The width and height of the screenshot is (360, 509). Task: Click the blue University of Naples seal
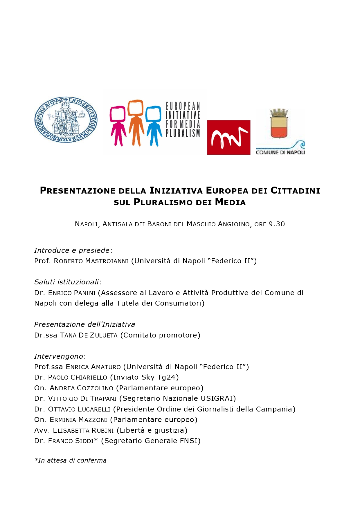pyautogui.click(x=66, y=120)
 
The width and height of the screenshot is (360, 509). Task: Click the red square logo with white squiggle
pyautogui.click(x=228, y=137)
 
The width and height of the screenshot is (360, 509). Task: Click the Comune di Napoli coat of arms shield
pyautogui.click(x=279, y=124)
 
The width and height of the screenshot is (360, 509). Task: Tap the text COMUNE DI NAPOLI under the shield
pyautogui.click(x=280, y=152)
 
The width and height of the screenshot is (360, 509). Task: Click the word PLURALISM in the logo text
pyautogui.click(x=183, y=133)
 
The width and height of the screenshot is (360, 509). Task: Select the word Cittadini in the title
pyautogui.click(x=295, y=191)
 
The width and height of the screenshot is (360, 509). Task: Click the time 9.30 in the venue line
pyautogui.click(x=277, y=224)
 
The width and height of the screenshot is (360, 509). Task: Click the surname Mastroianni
pyautogui.click(x=107, y=261)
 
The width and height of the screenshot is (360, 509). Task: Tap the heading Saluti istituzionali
pyautogui.click(x=67, y=282)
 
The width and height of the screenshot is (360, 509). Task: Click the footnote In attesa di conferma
pyautogui.click(x=71, y=460)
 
